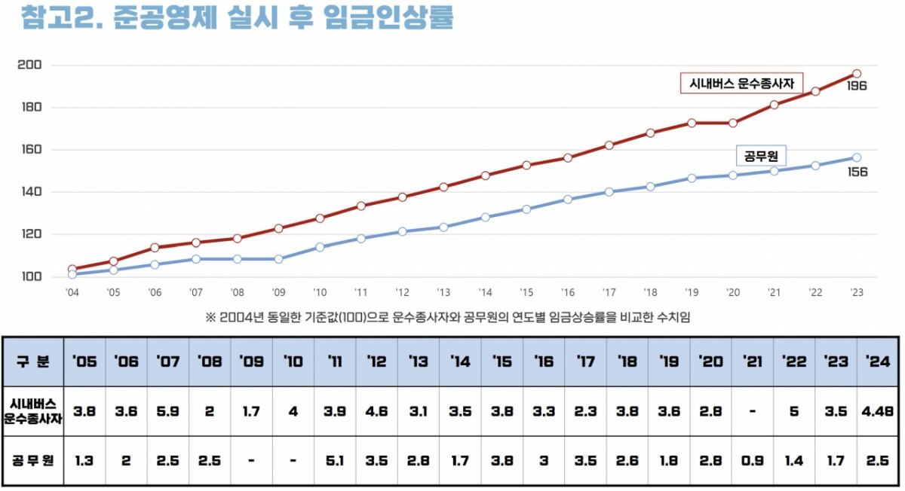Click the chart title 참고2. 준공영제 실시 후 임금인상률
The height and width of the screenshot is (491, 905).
pyautogui.click(x=238, y=19)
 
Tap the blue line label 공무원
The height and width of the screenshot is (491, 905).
pyautogui.click(x=760, y=156)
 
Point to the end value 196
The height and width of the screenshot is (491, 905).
pyautogui.click(x=856, y=86)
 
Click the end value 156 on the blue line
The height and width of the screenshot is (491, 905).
pyautogui.click(x=857, y=172)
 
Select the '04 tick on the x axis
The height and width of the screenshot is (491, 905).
pyautogui.click(x=72, y=292)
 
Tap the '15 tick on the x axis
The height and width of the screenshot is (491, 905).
pyautogui.click(x=526, y=292)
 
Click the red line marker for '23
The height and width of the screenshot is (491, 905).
pyautogui.click(x=857, y=74)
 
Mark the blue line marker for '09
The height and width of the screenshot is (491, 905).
pyautogui.click(x=278, y=259)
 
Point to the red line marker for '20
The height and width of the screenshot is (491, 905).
pyautogui.click(x=733, y=123)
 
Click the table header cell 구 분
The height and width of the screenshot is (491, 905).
pyautogui.click(x=33, y=361)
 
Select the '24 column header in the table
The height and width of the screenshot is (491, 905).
pyautogui.click(x=877, y=361)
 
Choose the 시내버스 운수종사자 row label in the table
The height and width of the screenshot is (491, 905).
pyautogui.click(x=33, y=412)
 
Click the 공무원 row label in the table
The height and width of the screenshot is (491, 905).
pyautogui.click(x=33, y=459)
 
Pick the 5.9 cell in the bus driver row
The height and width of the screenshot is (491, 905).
pyautogui.click(x=167, y=412)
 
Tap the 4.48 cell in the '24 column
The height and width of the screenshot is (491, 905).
pyautogui.click(x=877, y=412)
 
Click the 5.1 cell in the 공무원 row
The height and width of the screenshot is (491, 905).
pyautogui.click(x=335, y=459)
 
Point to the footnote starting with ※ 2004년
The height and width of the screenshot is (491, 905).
pyautogui.click(x=447, y=318)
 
